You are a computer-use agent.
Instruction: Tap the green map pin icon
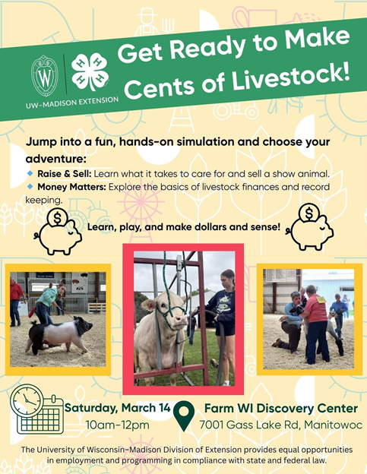(x=185, y=416)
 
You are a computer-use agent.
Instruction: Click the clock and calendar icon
(x=39, y=410)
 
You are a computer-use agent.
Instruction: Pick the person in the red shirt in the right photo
(x=314, y=319)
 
